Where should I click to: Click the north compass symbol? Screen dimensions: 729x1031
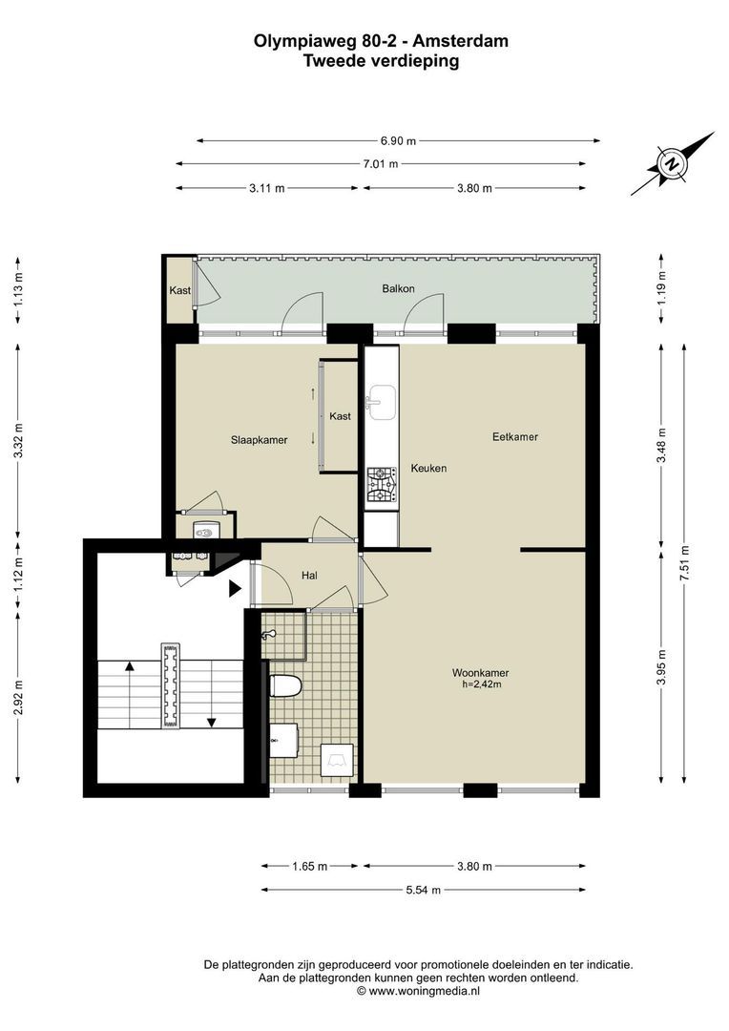point(672,164)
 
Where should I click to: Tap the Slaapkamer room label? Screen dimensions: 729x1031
point(259,440)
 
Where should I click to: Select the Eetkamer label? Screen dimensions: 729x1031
point(515,436)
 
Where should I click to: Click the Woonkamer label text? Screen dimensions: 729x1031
point(481,673)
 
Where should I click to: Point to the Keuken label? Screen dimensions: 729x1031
point(428,468)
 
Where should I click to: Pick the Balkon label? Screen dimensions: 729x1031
point(398,288)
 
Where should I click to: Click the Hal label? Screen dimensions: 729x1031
point(309,576)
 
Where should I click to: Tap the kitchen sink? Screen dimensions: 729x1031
point(382,402)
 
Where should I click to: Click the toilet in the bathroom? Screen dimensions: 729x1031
point(285,685)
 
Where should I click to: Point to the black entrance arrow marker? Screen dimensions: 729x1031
point(235,588)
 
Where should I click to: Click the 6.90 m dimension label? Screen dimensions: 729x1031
point(398,140)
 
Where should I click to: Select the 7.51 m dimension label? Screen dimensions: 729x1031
point(685,563)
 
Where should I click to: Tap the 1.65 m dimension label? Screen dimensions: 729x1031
point(309,866)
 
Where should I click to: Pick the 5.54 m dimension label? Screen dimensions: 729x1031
point(424,891)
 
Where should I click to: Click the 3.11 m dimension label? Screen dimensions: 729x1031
point(267,188)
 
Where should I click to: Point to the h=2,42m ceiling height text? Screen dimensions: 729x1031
point(482,684)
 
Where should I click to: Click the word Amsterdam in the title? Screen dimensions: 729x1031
point(461,41)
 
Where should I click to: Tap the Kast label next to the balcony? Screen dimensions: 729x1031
point(180,290)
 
